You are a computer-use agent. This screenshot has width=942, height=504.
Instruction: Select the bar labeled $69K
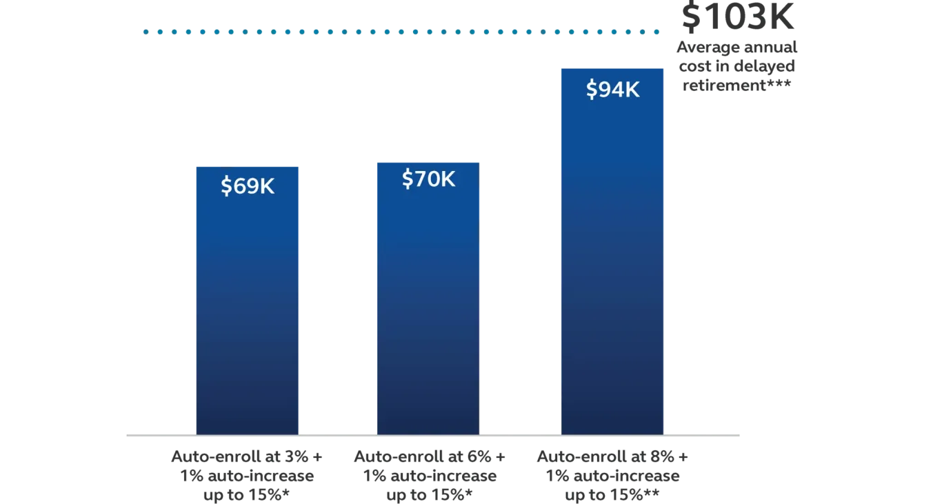tap(248, 310)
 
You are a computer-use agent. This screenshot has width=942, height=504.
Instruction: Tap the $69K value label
tap(248, 186)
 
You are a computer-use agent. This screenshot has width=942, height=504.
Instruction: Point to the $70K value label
tap(428, 179)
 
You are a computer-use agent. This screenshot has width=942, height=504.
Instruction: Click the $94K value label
tap(612, 90)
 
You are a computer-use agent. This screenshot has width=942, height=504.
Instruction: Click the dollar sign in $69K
tap(226, 187)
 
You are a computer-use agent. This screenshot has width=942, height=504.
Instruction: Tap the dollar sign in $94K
tap(592, 90)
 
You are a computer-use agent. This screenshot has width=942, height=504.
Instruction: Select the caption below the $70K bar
tap(429, 475)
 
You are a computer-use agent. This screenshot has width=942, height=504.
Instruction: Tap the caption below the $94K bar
tap(612, 475)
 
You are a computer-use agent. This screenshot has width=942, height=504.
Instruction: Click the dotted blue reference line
tap(400, 32)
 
